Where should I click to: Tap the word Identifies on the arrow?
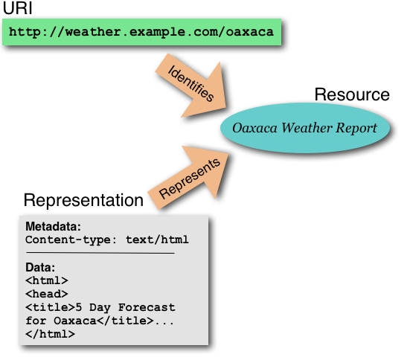click(x=191, y=84)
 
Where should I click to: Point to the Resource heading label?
click(x=351, y=95)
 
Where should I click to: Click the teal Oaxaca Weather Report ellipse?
click(x=304, y=128)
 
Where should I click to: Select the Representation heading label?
click(x=83, y=200)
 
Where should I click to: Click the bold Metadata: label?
click(x=53, y=226)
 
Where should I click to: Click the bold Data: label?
click(x=40, y=267)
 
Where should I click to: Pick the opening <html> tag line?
click(x=46, y=280)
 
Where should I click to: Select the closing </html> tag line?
click(x=50, y=334)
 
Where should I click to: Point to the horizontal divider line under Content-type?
click(x=99, y=253)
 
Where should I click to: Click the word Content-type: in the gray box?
click(x=68, y=240)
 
